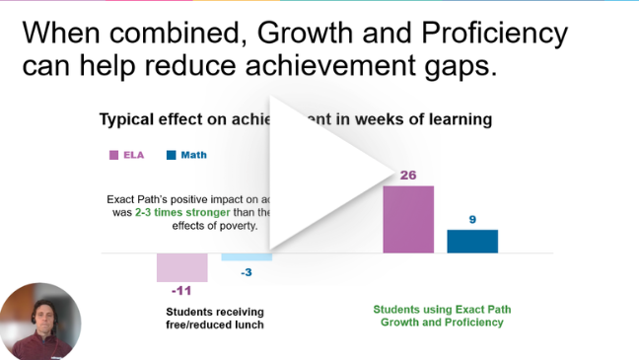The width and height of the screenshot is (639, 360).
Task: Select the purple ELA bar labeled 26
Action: [407, 219]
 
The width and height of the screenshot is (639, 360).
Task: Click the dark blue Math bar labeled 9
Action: [472, 241]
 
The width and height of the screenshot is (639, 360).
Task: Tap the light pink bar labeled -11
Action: [181, 267]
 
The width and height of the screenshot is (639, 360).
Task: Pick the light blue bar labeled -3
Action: [246, 256]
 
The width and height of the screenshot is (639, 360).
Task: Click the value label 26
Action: [407, 175]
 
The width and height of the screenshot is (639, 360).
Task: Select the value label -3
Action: [248, 272]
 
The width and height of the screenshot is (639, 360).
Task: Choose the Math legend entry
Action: [186, 155]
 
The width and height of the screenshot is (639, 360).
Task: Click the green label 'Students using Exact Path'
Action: [442, 309]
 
